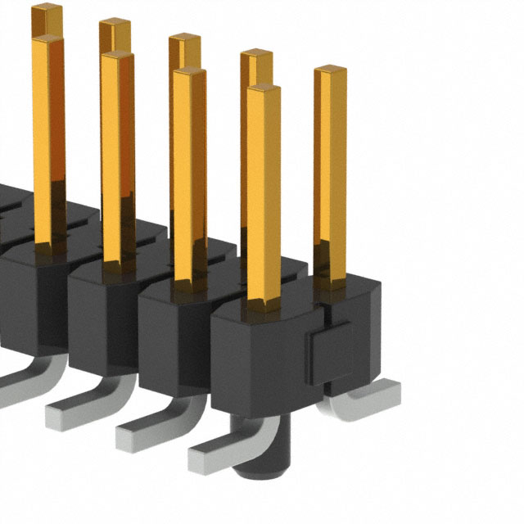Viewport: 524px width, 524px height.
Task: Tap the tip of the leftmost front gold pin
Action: point(47,40)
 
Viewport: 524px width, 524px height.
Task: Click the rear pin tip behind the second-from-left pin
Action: point(115,24)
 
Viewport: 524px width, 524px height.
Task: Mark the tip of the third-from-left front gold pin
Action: point(188,72)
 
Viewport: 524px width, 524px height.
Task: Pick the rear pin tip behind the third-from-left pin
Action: point(185,38)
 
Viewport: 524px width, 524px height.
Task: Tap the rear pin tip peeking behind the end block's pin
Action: point(256,56)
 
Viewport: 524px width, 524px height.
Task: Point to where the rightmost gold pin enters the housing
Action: point(330,282)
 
